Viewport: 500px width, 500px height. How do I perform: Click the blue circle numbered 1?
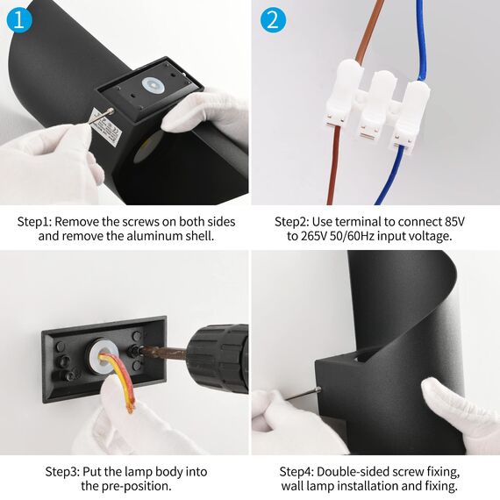19,20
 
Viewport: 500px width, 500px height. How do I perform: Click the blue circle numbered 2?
273,20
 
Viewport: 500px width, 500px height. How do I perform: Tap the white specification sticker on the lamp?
105,127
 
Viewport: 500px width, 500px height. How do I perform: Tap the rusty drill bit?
163,353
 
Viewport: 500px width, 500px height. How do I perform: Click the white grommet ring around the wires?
103,356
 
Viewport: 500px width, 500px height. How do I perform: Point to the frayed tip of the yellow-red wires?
131,407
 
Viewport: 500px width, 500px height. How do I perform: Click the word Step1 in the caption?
35,222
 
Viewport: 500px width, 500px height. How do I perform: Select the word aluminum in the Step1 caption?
154,236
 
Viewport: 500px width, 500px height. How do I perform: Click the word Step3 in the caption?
62,472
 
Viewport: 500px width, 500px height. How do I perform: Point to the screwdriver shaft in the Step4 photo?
302,394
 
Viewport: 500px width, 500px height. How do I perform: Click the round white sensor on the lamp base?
154,85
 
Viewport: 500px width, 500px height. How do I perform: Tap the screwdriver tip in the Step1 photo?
111,111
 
